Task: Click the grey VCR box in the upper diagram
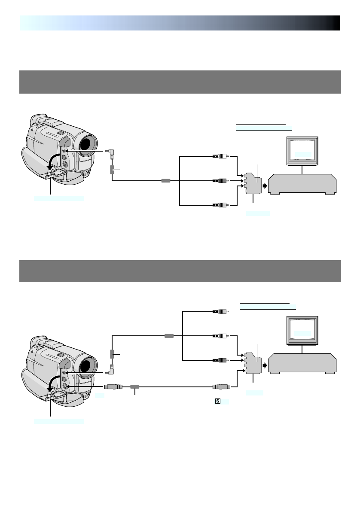coord(302,184)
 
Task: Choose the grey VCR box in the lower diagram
coord(302,363)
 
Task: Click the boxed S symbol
coord(218,401)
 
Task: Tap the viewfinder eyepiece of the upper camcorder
coord(39,119)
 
